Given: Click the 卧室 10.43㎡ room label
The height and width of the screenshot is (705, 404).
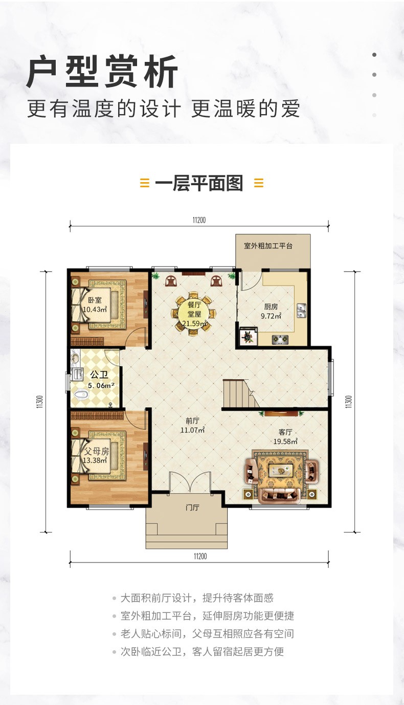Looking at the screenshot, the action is click(x=95, y=304).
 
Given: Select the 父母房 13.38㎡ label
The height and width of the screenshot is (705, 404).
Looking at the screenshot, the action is click(x=96, y=456).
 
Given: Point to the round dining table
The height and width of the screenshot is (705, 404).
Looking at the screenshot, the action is click(x=194, y=314).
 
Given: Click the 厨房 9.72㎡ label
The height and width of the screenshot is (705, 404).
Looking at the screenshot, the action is click(x=271, y=311).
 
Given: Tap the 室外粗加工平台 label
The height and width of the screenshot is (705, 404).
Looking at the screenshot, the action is click(x=268, y=246).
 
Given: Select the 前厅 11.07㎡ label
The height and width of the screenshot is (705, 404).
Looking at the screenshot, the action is click(x=192, y=425).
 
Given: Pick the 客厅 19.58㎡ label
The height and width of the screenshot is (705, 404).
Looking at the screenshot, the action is click(x=285, y=437).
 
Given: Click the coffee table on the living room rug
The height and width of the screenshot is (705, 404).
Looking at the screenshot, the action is click(x=280, y=470).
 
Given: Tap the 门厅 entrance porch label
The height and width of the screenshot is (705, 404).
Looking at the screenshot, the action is click(x=192, y=508).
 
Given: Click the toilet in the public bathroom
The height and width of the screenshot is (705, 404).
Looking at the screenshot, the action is click(x=81, y=394).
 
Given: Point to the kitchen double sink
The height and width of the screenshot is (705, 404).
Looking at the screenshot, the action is click(x=301, y=311).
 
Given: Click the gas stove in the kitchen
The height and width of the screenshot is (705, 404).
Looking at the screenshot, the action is click(x=280, y=340).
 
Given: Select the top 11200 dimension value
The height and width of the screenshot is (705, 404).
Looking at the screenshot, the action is click(x=199, y=220).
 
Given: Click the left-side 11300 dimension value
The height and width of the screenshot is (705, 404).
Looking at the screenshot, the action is click(x=40, y=402).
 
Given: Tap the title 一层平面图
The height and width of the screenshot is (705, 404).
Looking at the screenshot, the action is click(x=199, y=184).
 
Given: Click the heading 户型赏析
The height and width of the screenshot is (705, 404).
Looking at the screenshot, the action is click(x=103, y=71).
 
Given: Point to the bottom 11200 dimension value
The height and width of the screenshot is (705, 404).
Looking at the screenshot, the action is click(x=200, y=556).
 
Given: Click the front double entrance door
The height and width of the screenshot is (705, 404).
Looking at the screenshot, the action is click(x=190, y=482).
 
